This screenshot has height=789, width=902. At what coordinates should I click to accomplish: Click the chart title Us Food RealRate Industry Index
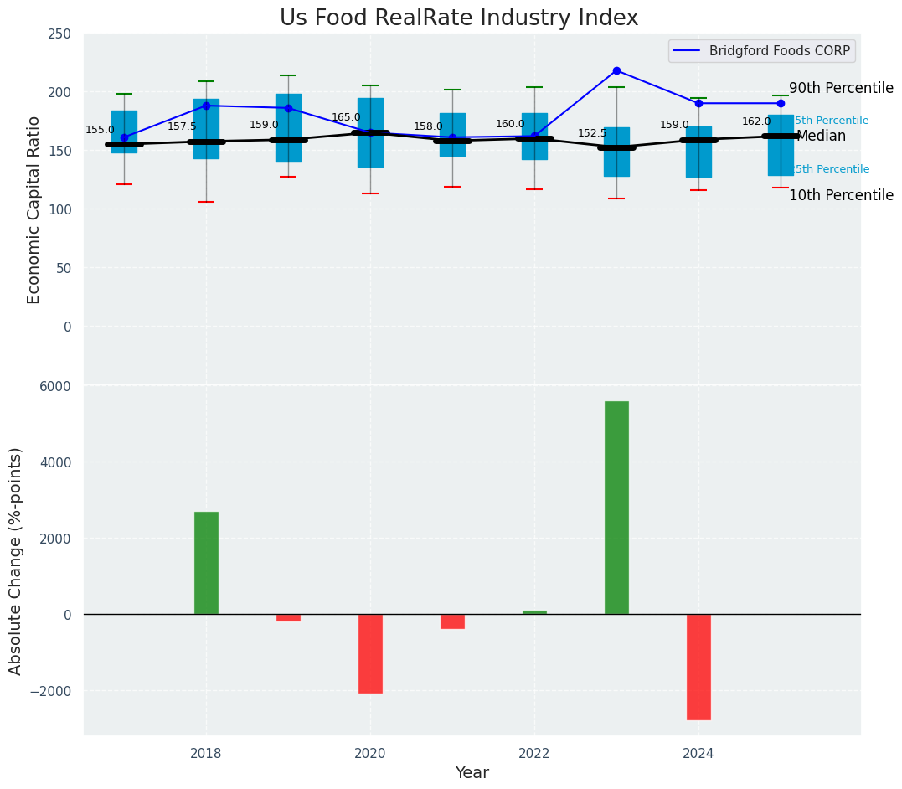tap(459, 18)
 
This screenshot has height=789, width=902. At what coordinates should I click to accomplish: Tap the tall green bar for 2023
tap(616, 508)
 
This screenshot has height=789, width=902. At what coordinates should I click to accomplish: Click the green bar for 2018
tap(206, 563)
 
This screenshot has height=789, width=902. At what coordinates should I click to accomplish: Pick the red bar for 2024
tap(698, 667)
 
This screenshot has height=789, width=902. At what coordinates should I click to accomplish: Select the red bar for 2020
tap(370, 653)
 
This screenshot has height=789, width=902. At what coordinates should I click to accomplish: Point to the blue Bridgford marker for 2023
tap(616, 70)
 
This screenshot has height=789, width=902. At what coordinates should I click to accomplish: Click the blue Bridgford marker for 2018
tap(206, 106)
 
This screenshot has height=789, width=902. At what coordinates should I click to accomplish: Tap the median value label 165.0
tap(346, 118)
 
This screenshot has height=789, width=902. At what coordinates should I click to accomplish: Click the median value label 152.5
tap(592, 133)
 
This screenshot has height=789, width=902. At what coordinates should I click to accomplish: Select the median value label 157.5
tap(182, 126)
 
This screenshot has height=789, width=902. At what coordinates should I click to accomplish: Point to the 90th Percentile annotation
tap(841, 89)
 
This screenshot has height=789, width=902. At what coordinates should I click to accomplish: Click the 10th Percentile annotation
tap(841, 195)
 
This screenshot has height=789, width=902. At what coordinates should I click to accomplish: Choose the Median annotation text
tap(821, 136)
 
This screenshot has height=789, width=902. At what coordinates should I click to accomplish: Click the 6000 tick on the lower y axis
tap(55, 386)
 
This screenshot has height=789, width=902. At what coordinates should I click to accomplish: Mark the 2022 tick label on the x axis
tap(534, 753)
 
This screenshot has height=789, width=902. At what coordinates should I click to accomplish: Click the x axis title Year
tap(472, 773)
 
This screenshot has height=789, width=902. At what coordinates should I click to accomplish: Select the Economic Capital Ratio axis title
tap(34, 210)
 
